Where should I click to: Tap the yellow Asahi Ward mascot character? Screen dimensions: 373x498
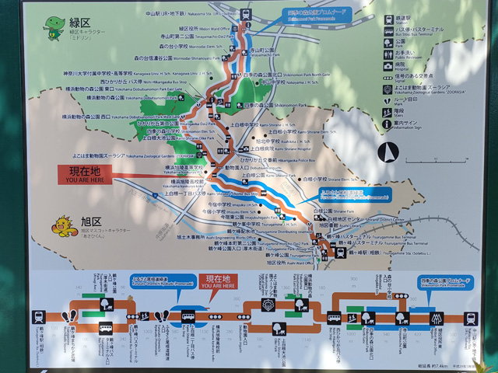61,226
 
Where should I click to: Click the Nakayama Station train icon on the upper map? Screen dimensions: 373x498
246,15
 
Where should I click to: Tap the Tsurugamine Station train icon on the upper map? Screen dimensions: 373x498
341,249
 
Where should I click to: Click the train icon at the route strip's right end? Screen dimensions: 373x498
470,318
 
